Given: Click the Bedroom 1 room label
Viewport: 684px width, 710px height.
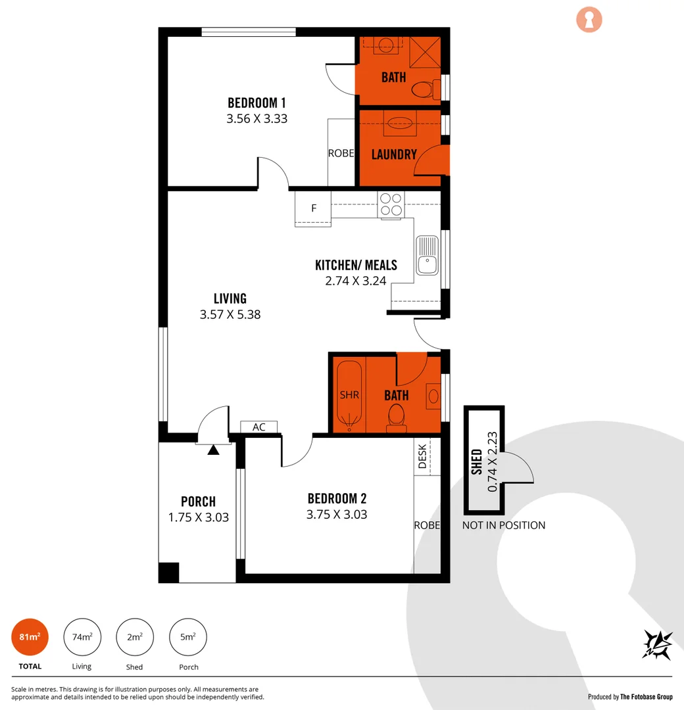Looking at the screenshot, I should tap(256, 103).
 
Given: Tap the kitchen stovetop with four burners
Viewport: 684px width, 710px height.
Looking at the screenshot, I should tap(391, 204).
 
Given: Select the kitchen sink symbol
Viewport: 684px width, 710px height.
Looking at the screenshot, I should tap(427, 255).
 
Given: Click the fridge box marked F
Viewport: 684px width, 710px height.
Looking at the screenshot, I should tap(314, 208).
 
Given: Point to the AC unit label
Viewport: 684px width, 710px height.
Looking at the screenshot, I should tap(259, 427).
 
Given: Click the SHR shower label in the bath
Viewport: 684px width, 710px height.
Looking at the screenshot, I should tap(349, 395).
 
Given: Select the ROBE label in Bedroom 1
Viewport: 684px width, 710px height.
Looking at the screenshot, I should tap(341, 153).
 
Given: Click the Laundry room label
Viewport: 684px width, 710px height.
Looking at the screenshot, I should tap(394, 154).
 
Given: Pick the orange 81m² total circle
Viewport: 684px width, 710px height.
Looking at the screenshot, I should tap(30, 637).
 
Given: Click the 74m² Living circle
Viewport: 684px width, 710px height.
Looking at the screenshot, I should tap(82, 637).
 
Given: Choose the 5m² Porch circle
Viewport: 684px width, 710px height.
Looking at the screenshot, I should tap(188, 637).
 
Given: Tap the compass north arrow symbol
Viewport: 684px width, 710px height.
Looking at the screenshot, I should tap(656, 644).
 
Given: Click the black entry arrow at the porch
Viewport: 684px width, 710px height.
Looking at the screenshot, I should tap(213, 450).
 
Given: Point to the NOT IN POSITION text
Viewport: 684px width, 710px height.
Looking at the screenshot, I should tap(504, 525).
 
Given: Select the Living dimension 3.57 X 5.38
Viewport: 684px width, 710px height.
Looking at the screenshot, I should tap(230, 315).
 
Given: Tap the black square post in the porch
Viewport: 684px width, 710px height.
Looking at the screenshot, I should tap(169, 572).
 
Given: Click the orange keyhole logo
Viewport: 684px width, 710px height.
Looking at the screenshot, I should tap(589, 20).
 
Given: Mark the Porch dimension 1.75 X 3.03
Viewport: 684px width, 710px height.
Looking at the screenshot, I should tap(199, 517).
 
